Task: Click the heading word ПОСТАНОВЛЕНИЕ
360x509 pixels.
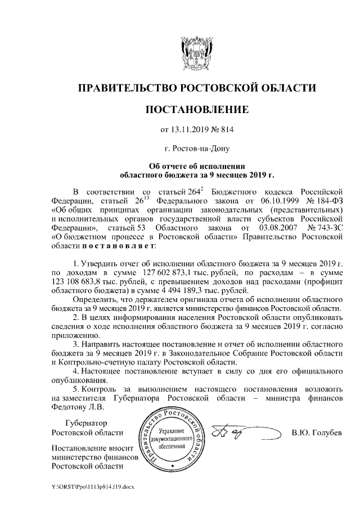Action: [196, 108]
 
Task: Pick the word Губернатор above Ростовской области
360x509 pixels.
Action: [85, 423]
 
